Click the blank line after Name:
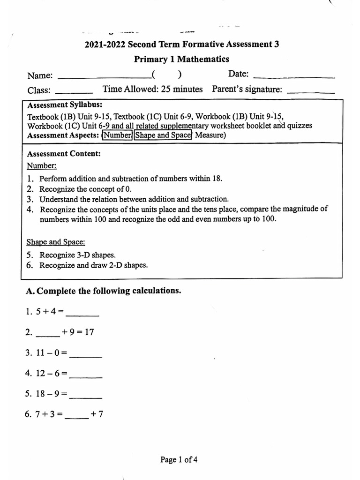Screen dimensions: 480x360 [103, 77]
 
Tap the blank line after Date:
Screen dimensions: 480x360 [293, 76]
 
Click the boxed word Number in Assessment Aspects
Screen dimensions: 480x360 [118, 135]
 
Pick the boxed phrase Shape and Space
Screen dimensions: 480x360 [163, 135]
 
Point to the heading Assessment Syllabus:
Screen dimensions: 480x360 [65, 105]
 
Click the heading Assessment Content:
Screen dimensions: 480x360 [64, 154]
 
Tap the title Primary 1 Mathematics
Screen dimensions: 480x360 [181, 59]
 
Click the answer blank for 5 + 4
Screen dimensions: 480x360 [85, 315]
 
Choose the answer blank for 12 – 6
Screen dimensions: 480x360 [85, 377]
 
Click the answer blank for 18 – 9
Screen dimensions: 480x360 [85, 398]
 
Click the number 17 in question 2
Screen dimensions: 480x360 [89, 332]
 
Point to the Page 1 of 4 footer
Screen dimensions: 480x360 [179, 460]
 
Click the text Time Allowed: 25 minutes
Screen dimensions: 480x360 [152, 89]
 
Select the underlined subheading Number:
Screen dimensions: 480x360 [42, 166]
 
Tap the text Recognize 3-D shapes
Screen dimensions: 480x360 [77, 255]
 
